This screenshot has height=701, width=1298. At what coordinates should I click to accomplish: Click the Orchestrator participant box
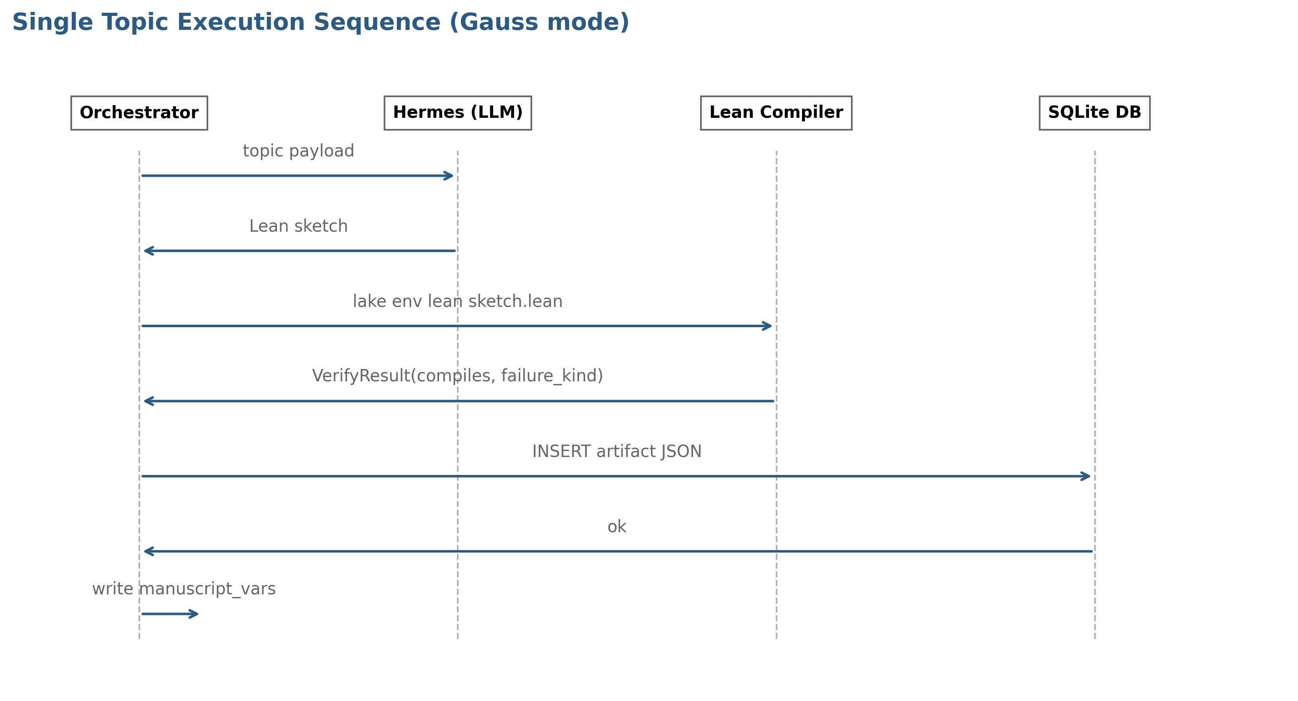click(139, 113)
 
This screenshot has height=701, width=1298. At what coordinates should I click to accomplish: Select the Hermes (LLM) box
click(457, 113)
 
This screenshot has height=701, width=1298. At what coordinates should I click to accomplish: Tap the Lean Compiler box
click(776, 113)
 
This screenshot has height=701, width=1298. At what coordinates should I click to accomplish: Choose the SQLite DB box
click(1095, 113)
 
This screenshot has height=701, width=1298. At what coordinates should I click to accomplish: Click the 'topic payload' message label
click(298, 151)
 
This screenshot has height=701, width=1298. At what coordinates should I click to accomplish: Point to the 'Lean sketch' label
click(298, 226)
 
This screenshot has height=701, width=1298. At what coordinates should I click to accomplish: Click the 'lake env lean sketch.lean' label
click(457, 301)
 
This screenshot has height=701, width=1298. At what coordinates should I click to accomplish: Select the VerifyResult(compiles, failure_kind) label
click(457, 376)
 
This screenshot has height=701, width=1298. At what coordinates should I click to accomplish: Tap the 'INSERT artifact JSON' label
click(617, 451)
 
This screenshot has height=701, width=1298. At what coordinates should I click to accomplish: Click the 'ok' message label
click(617, 527)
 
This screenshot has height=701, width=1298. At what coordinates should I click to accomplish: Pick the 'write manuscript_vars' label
click(184, 589)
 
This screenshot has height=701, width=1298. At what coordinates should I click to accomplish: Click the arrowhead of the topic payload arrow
click(449, 176)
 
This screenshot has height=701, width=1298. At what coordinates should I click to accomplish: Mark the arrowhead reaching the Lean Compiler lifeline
click(767, 326)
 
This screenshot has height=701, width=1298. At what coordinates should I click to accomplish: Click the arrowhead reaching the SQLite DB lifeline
click(1086, 476)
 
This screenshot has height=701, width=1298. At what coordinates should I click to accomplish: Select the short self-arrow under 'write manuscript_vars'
click(170, 614)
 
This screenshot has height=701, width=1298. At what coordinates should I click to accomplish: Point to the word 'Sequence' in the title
click(377, 23)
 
